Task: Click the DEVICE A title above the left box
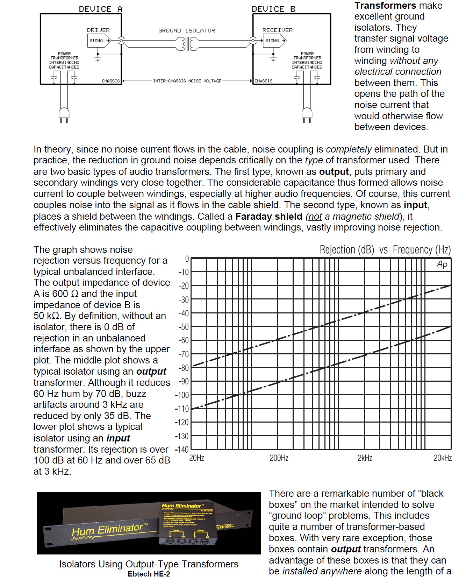click(x=100, y=9)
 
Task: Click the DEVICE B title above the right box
click(x=273, y=9)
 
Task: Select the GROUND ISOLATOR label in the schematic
click(x=187, y=31)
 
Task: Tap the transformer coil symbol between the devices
click(x=187, y=44)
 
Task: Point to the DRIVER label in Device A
click(x=98, y=30)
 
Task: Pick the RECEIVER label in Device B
click(x=278, y=30)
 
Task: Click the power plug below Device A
click(x=64, y=114)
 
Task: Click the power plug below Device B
click(x=307, y=114)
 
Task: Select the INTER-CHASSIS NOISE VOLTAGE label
click(x=187, y=81)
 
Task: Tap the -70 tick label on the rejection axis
click(x=183, y=354)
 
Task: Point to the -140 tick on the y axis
click(x=181, y=450)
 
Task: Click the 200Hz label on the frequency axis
click(x=279, y=458)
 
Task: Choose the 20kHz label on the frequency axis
click(x=443, y=458)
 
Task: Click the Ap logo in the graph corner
click(x=442, y=264)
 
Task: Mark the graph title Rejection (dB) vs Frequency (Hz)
click(x=385, y=250)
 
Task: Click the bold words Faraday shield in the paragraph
click(x=268, y=217)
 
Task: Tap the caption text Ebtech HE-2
click(x=149, y=574)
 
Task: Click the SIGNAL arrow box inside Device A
click(x=99, y=41)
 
